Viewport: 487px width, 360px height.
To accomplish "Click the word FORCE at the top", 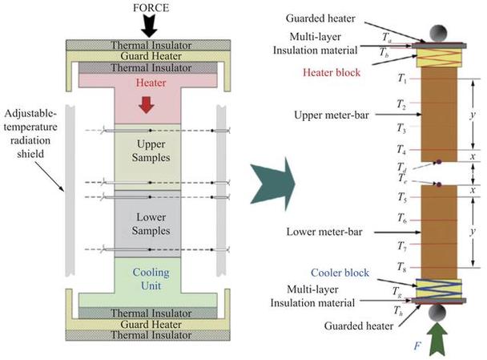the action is tap(151, 7).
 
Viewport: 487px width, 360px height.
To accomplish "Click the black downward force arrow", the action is tap(150, 26).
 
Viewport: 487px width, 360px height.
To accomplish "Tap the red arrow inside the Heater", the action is tap(147, 104).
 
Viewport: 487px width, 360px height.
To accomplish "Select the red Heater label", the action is tap(151, 83).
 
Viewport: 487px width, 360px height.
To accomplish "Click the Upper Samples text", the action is tap(151, 151).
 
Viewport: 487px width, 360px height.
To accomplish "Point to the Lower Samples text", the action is tap(151, 224).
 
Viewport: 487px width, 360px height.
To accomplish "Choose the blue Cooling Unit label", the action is tap(151, 279).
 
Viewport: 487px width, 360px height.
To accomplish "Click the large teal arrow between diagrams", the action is tap(272, 184).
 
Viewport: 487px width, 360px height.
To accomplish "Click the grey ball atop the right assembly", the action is tap(438, 32).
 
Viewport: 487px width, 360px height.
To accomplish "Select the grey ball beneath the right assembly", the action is tap(437, 313).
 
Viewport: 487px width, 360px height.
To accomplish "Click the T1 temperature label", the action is tap(402, 78).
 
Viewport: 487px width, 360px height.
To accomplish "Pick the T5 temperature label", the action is tap(403, 197).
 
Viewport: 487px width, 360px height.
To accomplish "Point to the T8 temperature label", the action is tap(402, 267).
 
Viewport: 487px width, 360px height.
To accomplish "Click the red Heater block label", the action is tap(332, 73).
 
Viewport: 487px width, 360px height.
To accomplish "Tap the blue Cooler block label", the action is tap(340, 273).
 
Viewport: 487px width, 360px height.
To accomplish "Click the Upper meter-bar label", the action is tap(332, 115).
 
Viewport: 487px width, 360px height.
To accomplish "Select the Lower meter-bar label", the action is tap(324, 232).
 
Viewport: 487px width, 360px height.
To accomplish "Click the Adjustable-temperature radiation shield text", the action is tap(30, 134).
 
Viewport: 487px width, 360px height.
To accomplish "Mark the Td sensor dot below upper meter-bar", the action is tap(439, 162).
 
